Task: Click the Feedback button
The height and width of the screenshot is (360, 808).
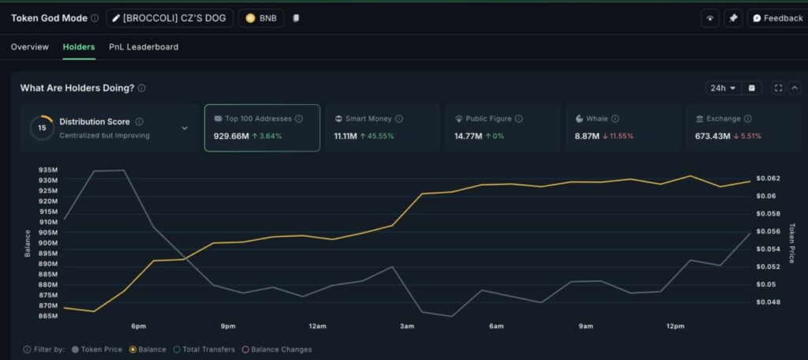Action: coord(776,18)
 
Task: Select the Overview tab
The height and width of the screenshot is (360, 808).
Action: coord(29,47)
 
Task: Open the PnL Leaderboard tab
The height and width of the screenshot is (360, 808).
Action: coord(144,47)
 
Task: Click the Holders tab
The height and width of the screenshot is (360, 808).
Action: coord(79,47)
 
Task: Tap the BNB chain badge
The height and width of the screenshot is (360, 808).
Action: coord(261,18)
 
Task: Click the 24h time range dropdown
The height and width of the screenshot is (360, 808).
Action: coord(723,88)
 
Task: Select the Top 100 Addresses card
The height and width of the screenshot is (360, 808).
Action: coord(262,127)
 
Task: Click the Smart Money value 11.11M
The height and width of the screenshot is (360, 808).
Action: coord(346,136)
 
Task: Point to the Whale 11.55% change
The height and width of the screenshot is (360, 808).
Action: coord(618,136)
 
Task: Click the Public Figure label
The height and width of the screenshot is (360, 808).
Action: coord(488,118)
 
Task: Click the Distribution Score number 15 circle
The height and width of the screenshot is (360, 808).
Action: coord(42,127)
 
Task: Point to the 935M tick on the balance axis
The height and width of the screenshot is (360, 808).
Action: coord(47,170)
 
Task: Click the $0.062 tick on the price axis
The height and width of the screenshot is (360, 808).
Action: coord(767,178)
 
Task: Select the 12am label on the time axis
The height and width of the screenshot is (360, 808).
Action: coord(318,326)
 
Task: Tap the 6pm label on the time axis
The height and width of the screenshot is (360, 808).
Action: coord(139,326)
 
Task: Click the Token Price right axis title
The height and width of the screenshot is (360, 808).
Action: coord(791,242)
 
